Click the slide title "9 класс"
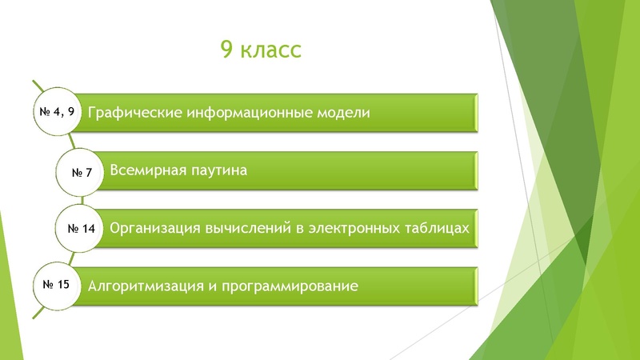[x=261, y=50]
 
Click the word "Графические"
[x=134, y=113]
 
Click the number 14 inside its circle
[x=88, y=229]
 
